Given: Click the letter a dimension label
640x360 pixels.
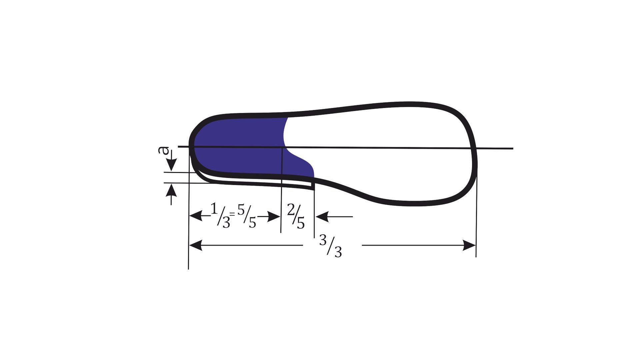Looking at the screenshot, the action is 163,150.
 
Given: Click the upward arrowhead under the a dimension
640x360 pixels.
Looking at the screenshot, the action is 171,190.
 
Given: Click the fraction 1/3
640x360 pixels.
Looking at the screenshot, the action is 220,216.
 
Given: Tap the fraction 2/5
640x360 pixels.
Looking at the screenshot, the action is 296,217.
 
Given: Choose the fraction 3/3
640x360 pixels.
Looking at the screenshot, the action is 331,246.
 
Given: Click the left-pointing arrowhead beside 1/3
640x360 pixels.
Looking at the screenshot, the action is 196,216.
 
